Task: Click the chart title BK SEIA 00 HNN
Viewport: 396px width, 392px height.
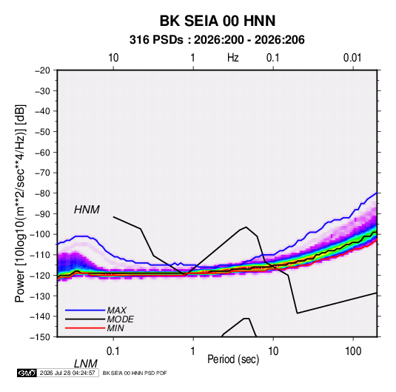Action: [x=218, y=21]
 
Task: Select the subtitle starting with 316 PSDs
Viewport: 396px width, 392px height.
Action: [x=217, y=40]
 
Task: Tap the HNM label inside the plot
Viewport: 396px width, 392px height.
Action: [x=87, y=210]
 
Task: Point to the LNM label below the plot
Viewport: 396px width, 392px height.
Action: [x=86, y=364]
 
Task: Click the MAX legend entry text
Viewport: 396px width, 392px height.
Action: [x=116, y=310]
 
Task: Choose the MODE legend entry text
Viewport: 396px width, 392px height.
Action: [x=120, y=319]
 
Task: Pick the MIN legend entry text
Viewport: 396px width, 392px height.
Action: [x=115, y=328]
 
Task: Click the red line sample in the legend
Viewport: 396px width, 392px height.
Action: [x=85, y=328]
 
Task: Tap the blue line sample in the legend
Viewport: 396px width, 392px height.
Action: [x=85, y=310]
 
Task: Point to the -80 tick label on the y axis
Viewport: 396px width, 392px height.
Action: [x=42, y=193]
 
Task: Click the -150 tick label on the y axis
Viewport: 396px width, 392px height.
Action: [x=40, y=337]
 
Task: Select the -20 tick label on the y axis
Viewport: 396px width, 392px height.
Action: [x=42, y=70]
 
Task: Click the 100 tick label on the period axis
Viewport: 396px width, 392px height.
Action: [x=353, y=351]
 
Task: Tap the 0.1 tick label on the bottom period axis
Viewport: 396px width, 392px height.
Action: [x=113, y=351]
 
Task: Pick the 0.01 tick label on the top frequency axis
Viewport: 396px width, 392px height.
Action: [x=352, y=58]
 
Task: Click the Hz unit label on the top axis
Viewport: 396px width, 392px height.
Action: [x=233, y=58]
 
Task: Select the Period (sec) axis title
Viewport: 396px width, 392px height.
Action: [x=233, y=359]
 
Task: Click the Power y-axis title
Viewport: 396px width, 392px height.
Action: [x=20, y=203]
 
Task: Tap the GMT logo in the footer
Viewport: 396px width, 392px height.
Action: [x=27, y=373]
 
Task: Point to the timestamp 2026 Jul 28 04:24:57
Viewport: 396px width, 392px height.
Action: [x=67, y=373]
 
